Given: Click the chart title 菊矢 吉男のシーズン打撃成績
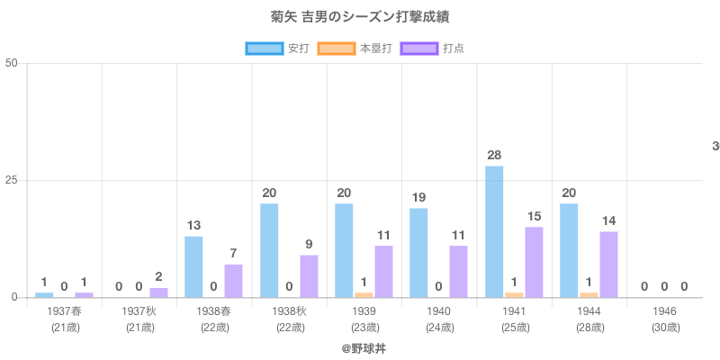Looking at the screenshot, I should pyautogui.click(x=359, y=17).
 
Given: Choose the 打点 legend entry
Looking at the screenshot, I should pyautogui.click(x=433, y=48).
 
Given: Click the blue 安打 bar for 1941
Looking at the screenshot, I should pyautogui.click(x=494, y=231).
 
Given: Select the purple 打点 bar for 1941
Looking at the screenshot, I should pyautogui.click(x=534, y=262).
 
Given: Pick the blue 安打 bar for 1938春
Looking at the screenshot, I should pyautogui.click(x=193, y=266).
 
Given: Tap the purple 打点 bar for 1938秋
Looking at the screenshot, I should pyautogui.click(x=309, y=276).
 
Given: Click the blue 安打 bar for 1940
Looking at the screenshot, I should pyautogui.click(x=418, y=253).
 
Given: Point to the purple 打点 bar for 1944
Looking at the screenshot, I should pyautogui.click(x=608, y=265).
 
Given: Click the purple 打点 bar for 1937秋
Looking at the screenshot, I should pyautogui.click(x=158, y=292).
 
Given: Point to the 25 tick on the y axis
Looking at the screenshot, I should pyautogui.click(x=12, y=180).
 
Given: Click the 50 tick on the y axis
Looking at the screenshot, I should pyautogui.click(x=12, y=63).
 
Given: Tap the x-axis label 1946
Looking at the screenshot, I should pyautogui.click(x=664, y=311).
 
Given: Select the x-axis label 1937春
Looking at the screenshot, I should pyautogui.click(x=65, y=311).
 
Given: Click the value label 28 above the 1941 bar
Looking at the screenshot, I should pyautogui.click(x=494, y=155).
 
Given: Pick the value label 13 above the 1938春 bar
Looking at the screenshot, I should pyautogui.click(x=193, y=225).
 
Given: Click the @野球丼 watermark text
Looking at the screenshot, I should pyautogui.click(x=364, y=346).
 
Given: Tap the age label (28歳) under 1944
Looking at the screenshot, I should pyautogui.click(x=589, y=327).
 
